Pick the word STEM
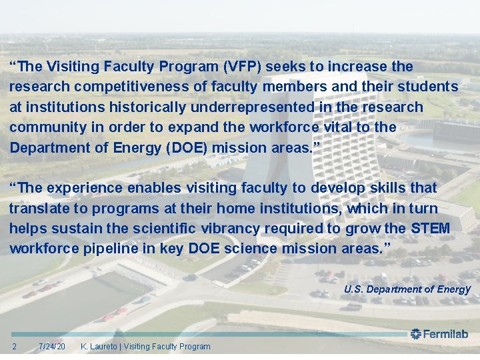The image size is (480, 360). tap(431, 228)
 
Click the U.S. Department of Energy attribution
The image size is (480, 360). tap(407, 289)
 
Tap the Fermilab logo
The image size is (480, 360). tap(439, 334)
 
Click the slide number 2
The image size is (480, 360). tap(15, 346)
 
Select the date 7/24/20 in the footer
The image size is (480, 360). tap(52, 346)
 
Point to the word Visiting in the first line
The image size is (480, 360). tap(75, 67)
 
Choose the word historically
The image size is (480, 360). tap(147, 107)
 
